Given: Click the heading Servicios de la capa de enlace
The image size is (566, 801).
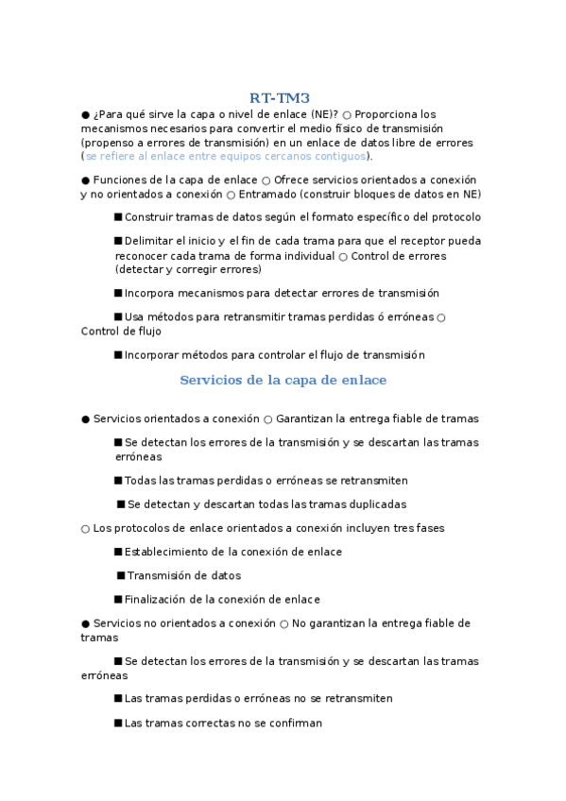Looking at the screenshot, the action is click(283, 381).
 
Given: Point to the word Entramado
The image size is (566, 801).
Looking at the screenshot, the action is click(267, 195).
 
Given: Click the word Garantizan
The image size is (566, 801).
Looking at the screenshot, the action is click(309, 418).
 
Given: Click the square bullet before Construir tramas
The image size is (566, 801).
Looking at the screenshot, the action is click(118, 217).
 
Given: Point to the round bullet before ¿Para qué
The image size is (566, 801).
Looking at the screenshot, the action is click(85, 114).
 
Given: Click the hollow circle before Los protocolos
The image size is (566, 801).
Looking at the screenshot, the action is click(85, 529).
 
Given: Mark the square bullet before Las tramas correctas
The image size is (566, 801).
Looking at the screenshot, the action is click(118, 723).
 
